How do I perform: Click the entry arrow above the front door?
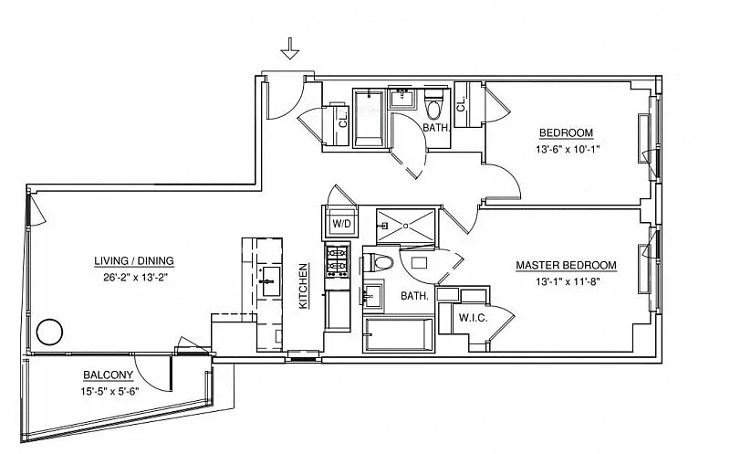(290, 48)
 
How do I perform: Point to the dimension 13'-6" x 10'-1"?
(568, 148)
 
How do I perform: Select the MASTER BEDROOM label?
(566, 266)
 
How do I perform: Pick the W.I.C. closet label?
(473, 319)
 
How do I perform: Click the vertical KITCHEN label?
(304, 286)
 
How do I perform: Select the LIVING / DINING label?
(134, 261)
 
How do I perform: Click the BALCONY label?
(109, 375)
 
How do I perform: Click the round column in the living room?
(47, 333)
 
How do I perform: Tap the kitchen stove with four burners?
(337, 261)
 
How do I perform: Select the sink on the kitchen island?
(267, 278)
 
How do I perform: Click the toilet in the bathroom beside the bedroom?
(434, 108)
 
